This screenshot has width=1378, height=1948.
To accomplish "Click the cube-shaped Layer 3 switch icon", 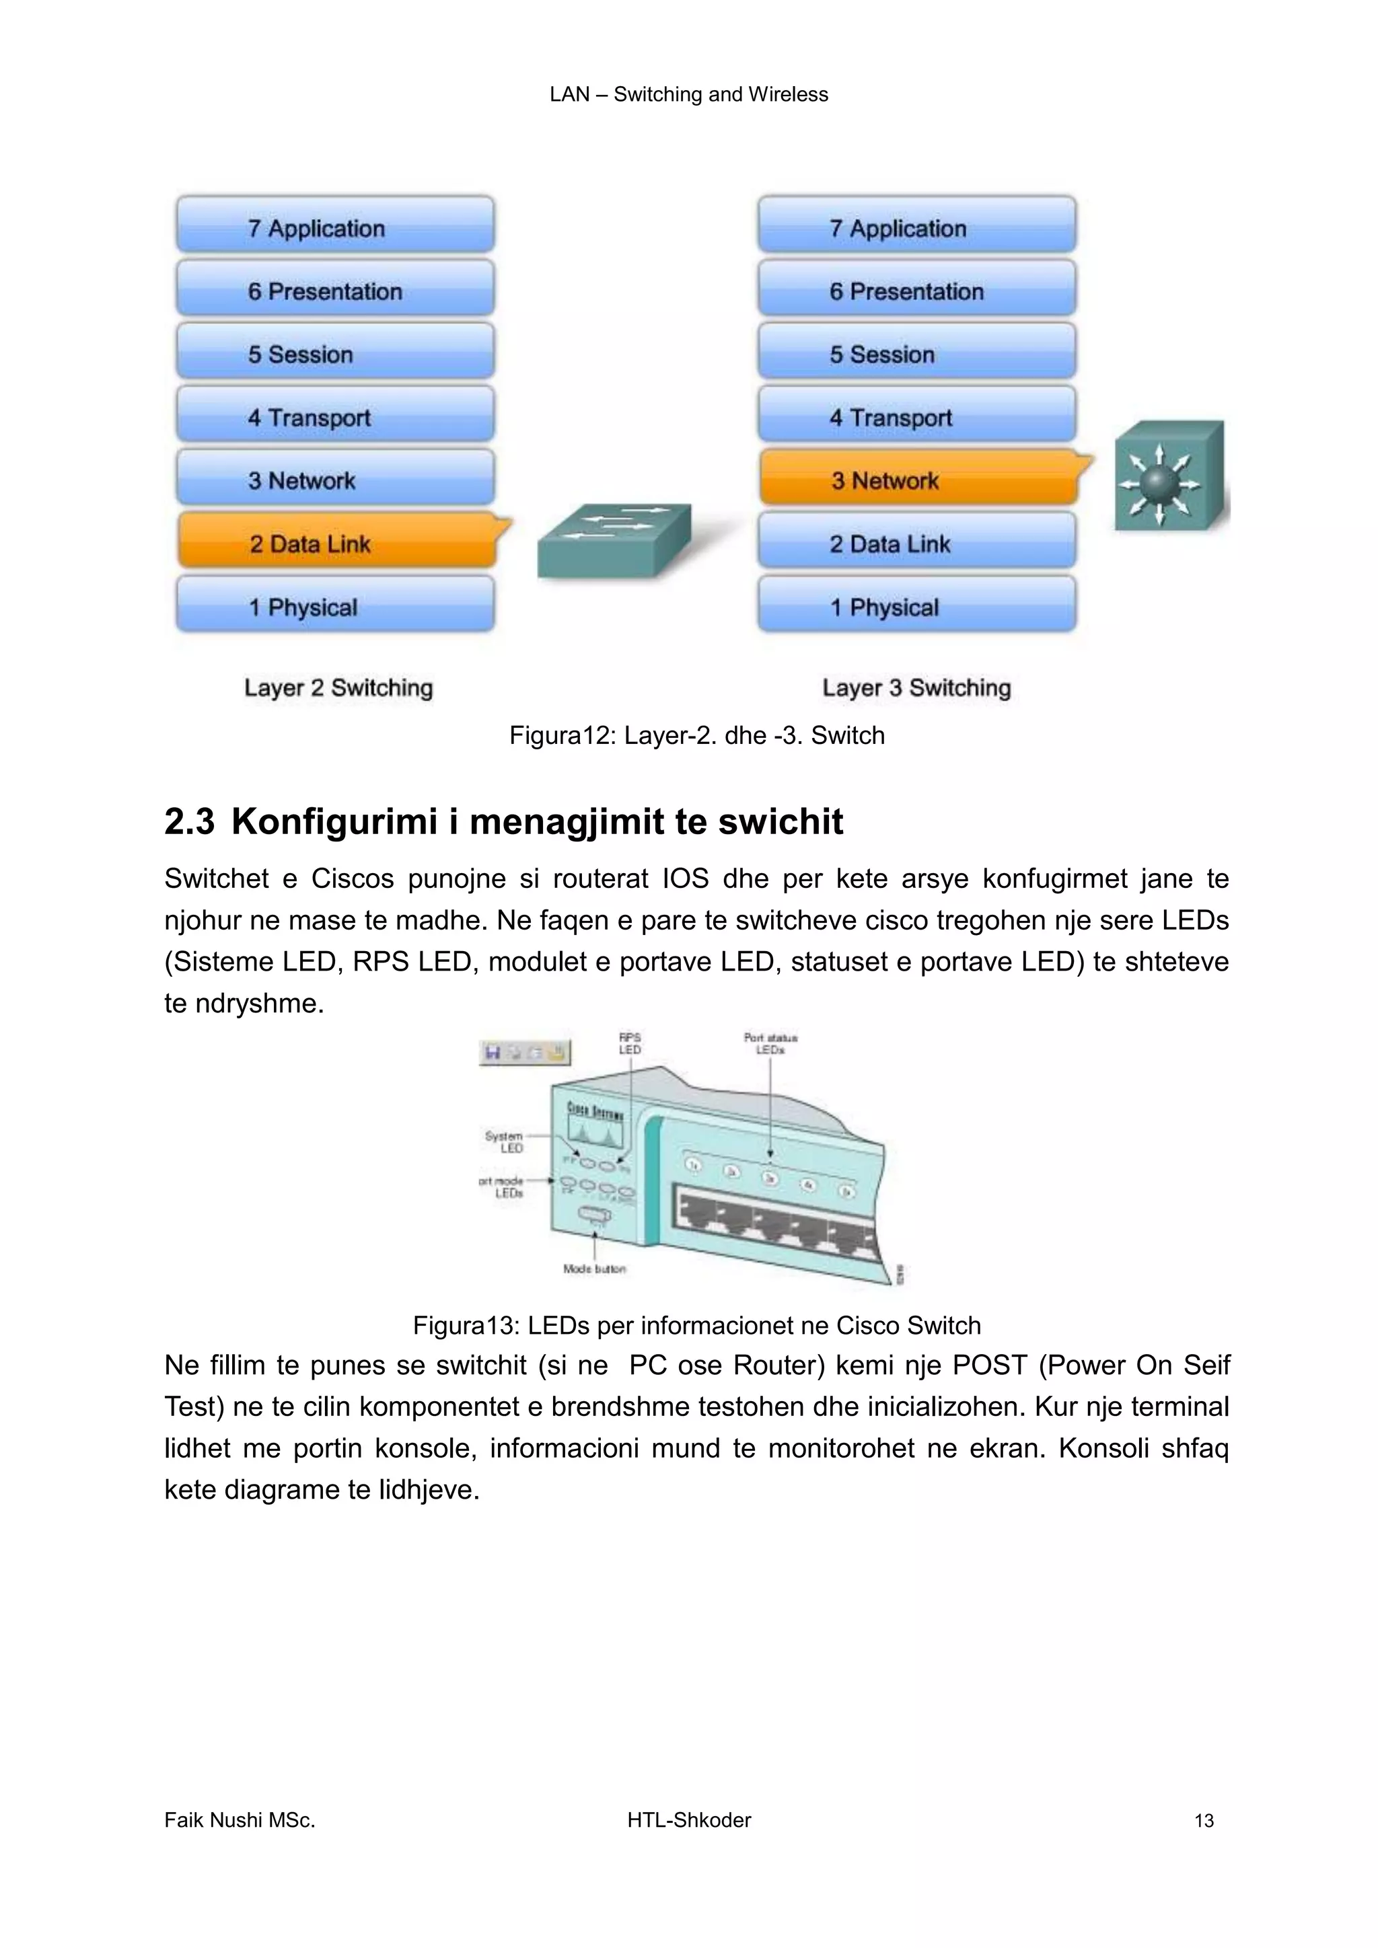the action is (1169, 477).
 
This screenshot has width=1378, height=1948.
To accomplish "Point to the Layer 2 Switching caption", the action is (338, 687).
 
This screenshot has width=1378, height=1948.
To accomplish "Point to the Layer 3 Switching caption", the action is (916, 687).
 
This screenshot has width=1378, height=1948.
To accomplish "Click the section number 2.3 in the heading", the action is (189, 821).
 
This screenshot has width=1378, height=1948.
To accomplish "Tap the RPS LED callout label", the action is (630, 1043).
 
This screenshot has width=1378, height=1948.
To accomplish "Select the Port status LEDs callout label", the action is (770, 1043).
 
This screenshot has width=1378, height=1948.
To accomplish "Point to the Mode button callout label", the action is (594, 1269).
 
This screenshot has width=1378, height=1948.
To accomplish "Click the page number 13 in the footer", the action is (1203, 1821).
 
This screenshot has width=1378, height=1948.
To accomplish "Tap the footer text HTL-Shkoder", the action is (689, 1820).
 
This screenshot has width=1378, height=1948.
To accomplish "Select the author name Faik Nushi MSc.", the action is (240, 1820).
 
